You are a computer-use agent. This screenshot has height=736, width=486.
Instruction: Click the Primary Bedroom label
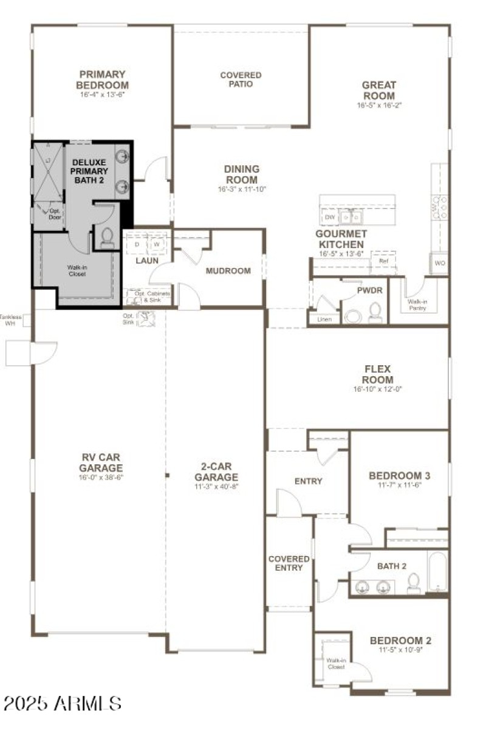point(103,80)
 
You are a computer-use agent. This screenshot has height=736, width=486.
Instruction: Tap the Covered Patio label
point(241,80)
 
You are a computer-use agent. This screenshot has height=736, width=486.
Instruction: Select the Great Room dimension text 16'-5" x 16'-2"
point(379,105)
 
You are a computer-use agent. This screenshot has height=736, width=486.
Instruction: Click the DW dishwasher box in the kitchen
point(330,217)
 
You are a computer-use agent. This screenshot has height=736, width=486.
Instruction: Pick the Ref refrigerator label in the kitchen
point(383,261)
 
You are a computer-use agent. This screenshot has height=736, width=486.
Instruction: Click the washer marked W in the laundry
point(157,244)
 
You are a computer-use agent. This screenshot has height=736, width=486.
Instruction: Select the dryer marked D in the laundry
point(137,244)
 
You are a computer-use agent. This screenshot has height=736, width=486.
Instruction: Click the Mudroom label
point(228,271)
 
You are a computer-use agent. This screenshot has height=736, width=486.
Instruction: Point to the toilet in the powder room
point(375,312)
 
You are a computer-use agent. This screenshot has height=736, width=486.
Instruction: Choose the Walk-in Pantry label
point(417,304)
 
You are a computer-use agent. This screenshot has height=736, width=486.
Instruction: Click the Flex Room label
point(378,374)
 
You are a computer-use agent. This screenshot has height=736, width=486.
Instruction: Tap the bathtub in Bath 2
point(437,571)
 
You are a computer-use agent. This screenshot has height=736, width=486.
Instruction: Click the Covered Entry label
point(289,563)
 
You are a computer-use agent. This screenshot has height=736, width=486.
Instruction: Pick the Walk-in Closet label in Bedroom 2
point(336,663)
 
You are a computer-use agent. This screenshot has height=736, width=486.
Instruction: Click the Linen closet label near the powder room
point(324,318)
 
